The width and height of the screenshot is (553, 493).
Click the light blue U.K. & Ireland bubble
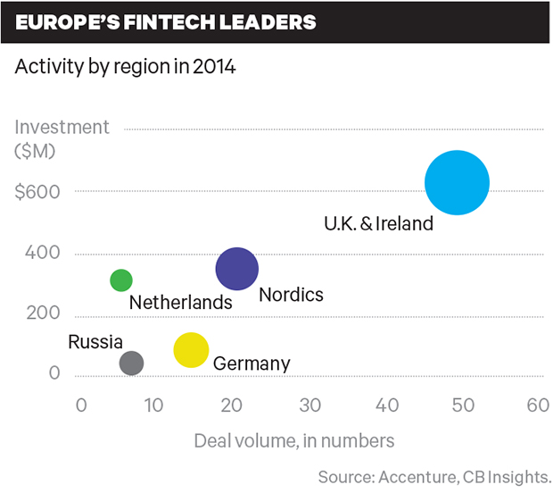point(457,182)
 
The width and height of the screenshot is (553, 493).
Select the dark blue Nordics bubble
point(237,269)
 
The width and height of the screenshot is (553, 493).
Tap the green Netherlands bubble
point(121,280)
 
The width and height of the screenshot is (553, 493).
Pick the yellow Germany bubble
point(191,350)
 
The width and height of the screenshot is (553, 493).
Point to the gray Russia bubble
point(131,363)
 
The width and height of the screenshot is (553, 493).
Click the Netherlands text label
point(180,303)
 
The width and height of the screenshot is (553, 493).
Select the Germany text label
point(252,363)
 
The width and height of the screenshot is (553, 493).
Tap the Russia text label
point(95,341)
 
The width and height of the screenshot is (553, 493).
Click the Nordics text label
point(291,295)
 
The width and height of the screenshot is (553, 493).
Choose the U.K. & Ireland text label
point(378,223)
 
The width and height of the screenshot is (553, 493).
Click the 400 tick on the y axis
point(44,253)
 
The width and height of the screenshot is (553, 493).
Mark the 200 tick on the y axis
point(44,313)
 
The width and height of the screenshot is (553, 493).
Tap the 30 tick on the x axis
point(310,405)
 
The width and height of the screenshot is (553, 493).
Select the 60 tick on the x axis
point(537,405)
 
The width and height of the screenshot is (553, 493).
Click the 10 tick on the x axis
point(156,405)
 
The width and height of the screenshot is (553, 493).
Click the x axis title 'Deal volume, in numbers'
point(294,440)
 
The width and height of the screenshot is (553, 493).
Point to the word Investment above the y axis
point(62,127)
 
